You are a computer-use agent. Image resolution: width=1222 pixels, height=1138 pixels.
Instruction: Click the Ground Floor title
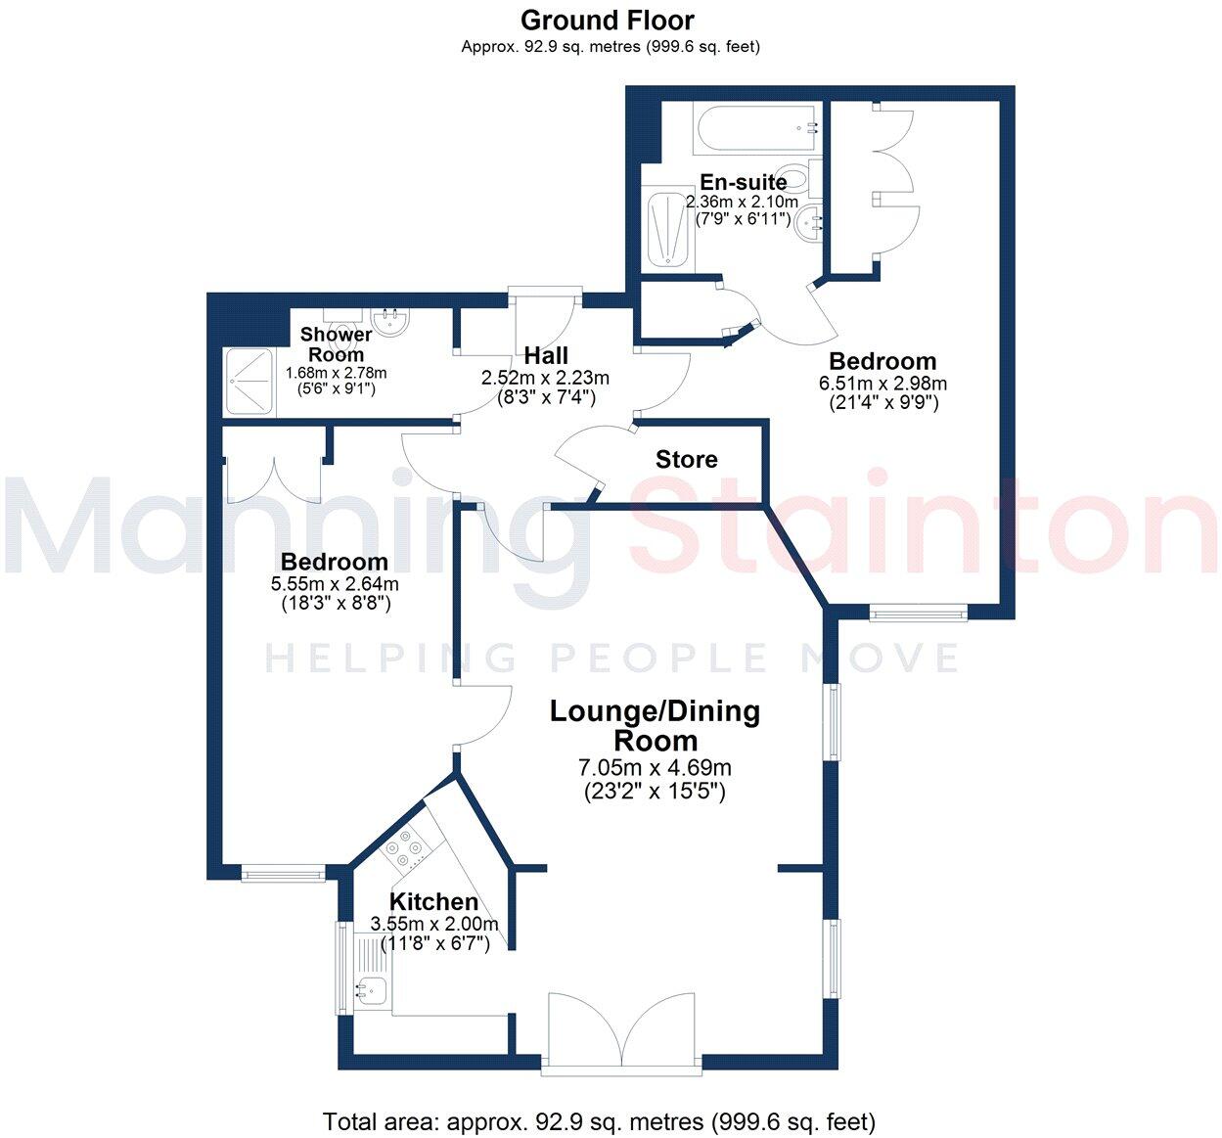click(x=607, y=20)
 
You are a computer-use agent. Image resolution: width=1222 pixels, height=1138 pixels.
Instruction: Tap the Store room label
click(x=686, y=460)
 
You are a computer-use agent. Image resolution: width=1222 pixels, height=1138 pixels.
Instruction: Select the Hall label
click(x=545, y=355)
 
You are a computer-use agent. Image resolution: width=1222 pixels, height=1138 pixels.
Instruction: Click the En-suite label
click(x=743, y=182)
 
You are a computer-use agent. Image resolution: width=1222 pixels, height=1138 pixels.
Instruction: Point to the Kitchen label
click(x=433, y=901)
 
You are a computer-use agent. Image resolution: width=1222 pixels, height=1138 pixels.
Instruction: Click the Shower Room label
click(x=336, y=344)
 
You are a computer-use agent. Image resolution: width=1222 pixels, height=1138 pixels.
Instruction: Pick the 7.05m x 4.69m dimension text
click(x=654, y=768)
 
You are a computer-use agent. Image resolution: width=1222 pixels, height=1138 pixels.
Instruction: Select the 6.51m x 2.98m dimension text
click(x=883, y=384)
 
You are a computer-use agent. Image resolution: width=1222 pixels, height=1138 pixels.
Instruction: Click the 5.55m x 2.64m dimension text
click(x=335, y=584)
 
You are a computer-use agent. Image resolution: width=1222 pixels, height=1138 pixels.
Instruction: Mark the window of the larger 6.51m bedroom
click(x=918, y=614)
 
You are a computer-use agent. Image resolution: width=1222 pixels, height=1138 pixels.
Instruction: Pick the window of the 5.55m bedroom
click(x=283, y=873)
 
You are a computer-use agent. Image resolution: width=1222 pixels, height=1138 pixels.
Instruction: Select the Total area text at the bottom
click(x=599, y=1121)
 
